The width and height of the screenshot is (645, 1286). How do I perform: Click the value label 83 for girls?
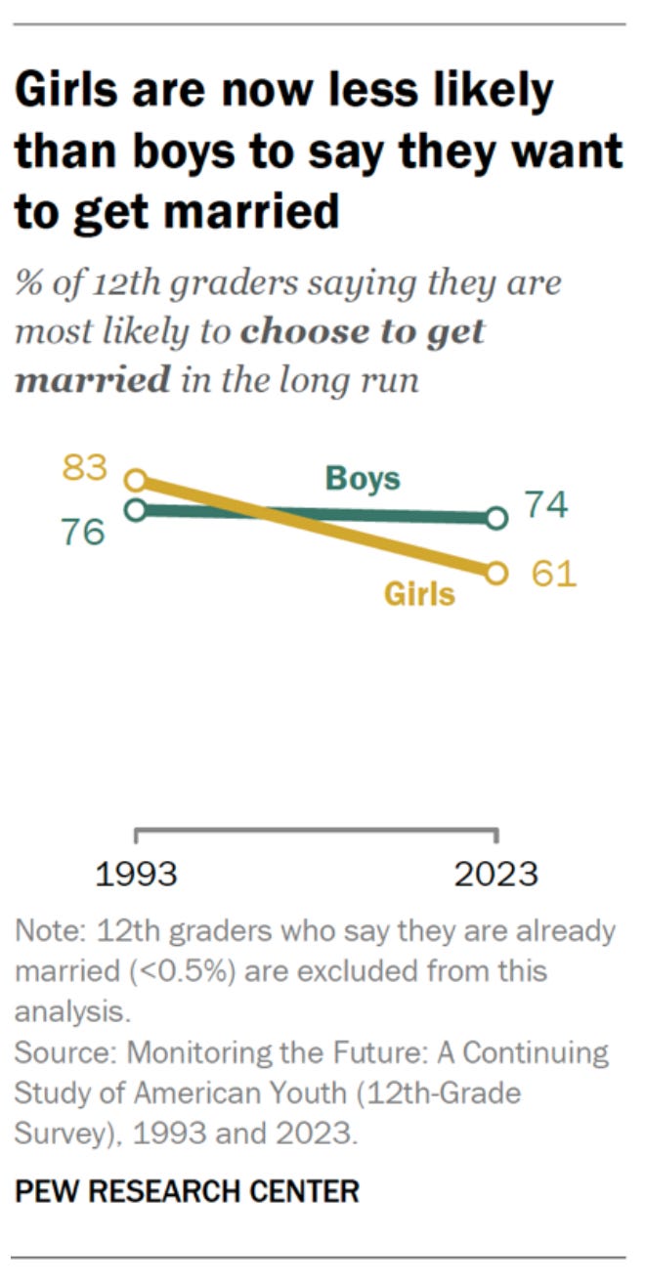pos(83,468)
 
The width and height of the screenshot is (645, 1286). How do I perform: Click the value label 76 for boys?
pos(83,534)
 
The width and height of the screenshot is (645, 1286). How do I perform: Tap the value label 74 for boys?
pos(546,506)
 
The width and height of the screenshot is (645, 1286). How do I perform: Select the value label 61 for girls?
pos(553,574)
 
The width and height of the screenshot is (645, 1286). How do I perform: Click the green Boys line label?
pos(363,480)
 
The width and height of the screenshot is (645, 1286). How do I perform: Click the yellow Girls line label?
pos(418,593)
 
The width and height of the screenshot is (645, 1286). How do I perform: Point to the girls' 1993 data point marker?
pos(137,480)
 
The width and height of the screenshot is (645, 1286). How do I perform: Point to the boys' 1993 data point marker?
pos(137,509)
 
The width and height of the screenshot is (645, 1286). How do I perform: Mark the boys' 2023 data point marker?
pos(496,517)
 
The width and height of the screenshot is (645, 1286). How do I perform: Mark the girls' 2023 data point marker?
pos(496,573)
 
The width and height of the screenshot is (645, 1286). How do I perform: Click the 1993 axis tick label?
pos(137,873)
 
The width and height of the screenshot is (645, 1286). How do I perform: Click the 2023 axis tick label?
pos(496,873)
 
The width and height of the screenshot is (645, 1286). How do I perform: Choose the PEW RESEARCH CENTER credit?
pos(186,1191)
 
